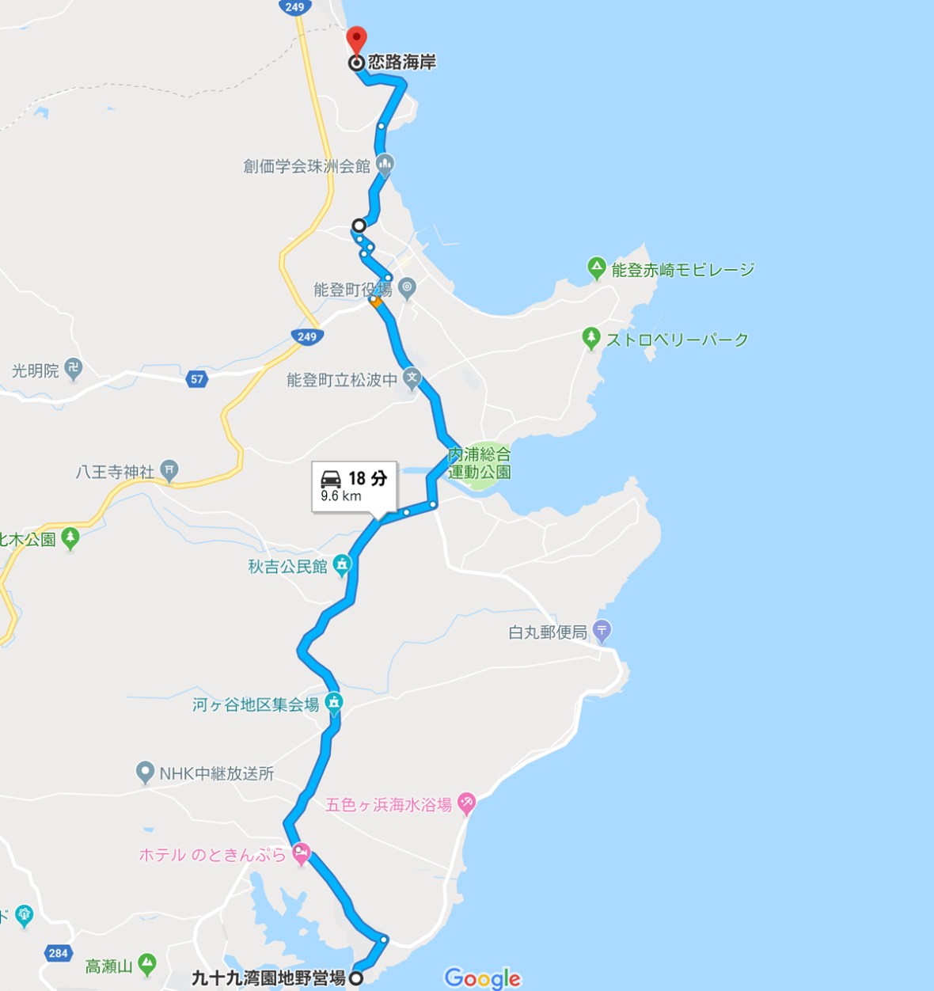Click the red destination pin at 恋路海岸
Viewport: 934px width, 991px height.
(x=357, y=39)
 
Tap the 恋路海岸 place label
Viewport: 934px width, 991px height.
(x=401, y=63)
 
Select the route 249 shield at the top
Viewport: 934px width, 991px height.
(x=294, y=7)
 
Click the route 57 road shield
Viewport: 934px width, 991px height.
(x=197, y=379)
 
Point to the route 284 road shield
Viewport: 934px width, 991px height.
(x=59, y=953)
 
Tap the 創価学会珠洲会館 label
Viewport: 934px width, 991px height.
(x=306, y=166)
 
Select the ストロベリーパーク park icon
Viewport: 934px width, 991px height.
(x=590, y=338)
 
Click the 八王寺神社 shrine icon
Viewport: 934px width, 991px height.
(x=169, y=470)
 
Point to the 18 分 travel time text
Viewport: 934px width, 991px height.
(x=368, y=478)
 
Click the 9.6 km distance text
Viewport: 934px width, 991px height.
(x=341, y=496)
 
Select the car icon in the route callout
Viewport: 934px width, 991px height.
(x=331, y=478)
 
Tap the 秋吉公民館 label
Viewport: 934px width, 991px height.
(x=287, y=567)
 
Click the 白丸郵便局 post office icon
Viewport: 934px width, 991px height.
(x=602, y=631)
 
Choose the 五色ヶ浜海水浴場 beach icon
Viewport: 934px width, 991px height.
(x=466, y=803)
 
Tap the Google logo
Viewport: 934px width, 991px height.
(x=483, y=978)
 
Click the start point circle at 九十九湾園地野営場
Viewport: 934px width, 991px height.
(x=356, y=978)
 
